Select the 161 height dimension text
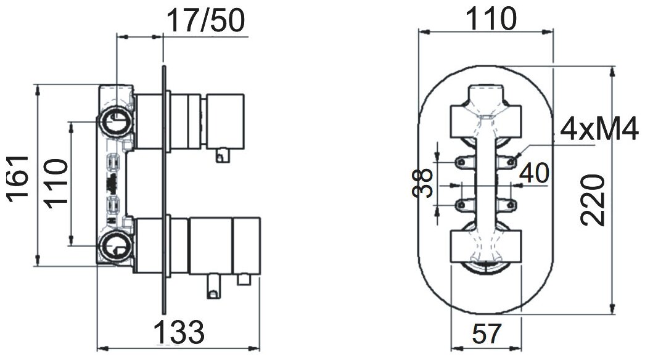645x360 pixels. pyautogui.click(x=18, y=179)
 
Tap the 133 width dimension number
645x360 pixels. pyautogui.click(x=178, y=333)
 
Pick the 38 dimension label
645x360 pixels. pyautogui.click(x=423, y=183)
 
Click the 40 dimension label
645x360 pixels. pyautogui.click(x=534, y=173)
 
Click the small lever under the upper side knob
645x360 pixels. pyautogui.click(x=221, y=154)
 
